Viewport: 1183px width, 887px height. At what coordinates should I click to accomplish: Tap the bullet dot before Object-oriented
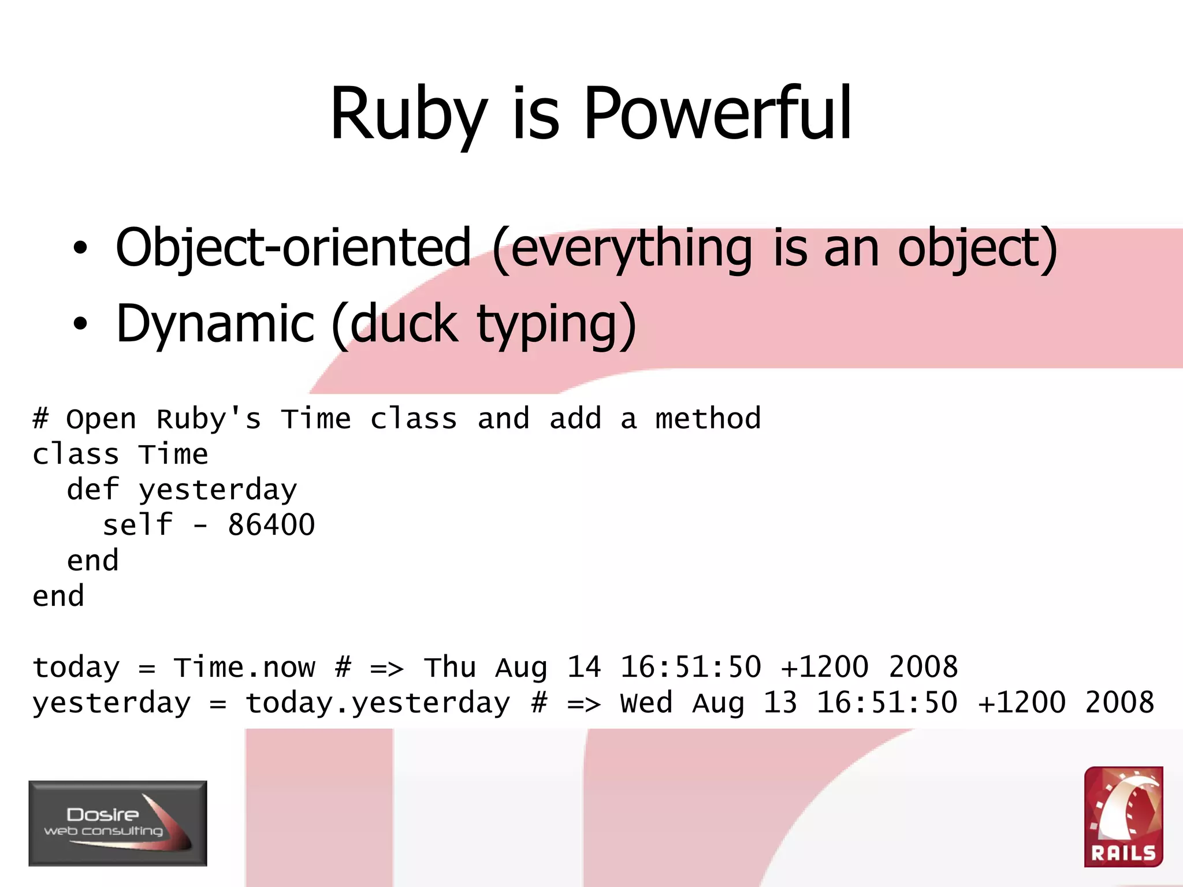click(x=80, y=248)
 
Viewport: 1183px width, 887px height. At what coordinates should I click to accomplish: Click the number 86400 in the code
click(x=271, y=525)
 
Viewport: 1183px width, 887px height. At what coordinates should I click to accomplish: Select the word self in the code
click(x=137, y=525)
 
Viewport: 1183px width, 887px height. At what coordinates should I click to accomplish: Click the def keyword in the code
click(x=93, y=490)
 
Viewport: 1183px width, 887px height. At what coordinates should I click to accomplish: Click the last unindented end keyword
click(x=58, y=596)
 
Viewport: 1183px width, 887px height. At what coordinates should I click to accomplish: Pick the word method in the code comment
click(x=708, y=419)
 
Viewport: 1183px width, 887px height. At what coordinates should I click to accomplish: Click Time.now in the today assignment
click(x=244, y=668)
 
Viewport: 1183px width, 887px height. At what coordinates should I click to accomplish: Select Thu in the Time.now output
click(x=450, y=668)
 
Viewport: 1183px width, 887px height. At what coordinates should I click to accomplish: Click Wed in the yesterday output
click(x=646, y=703)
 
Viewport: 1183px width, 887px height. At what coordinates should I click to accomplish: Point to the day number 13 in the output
click(x=780, y=703)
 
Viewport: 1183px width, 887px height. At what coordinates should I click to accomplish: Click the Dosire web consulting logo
click(x=118, y=823)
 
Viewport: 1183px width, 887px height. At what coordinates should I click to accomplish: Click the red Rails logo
click(x=1123, y=817)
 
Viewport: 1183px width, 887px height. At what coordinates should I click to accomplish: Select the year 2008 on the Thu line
click(x=922, y=668)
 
